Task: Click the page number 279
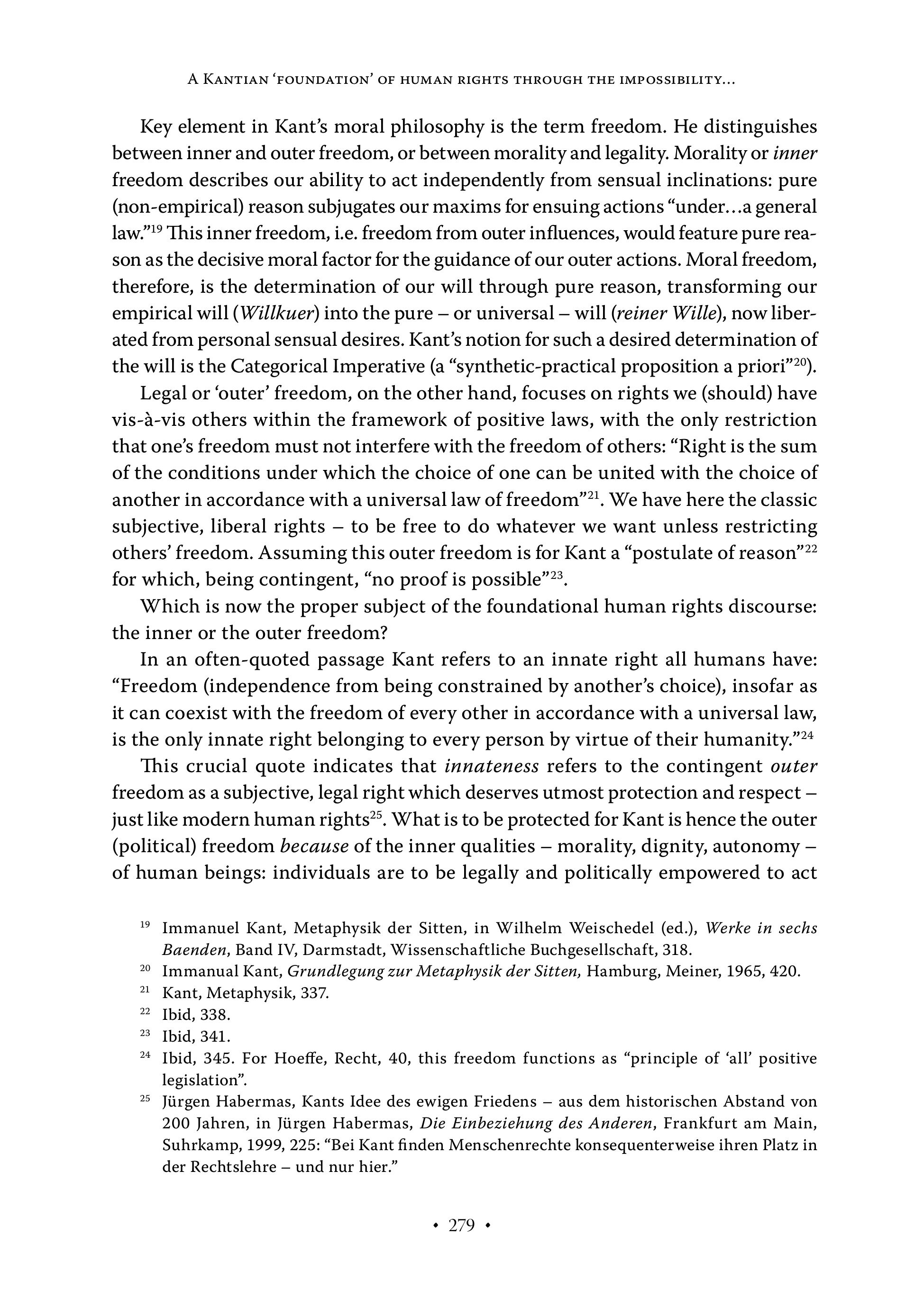point(461,1225)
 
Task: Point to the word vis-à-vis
point(146,420)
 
